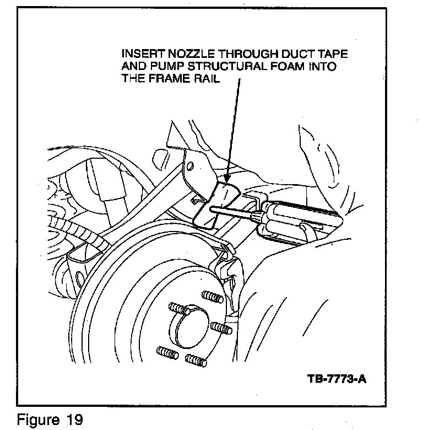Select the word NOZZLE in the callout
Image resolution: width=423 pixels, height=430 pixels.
[x=184, y=55]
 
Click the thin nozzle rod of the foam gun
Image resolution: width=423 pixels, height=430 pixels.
[x=231, y=212]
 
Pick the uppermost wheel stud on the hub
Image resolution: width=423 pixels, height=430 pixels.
[x=212, y=297]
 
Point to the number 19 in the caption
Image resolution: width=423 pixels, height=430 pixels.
[x=74, y=420]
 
